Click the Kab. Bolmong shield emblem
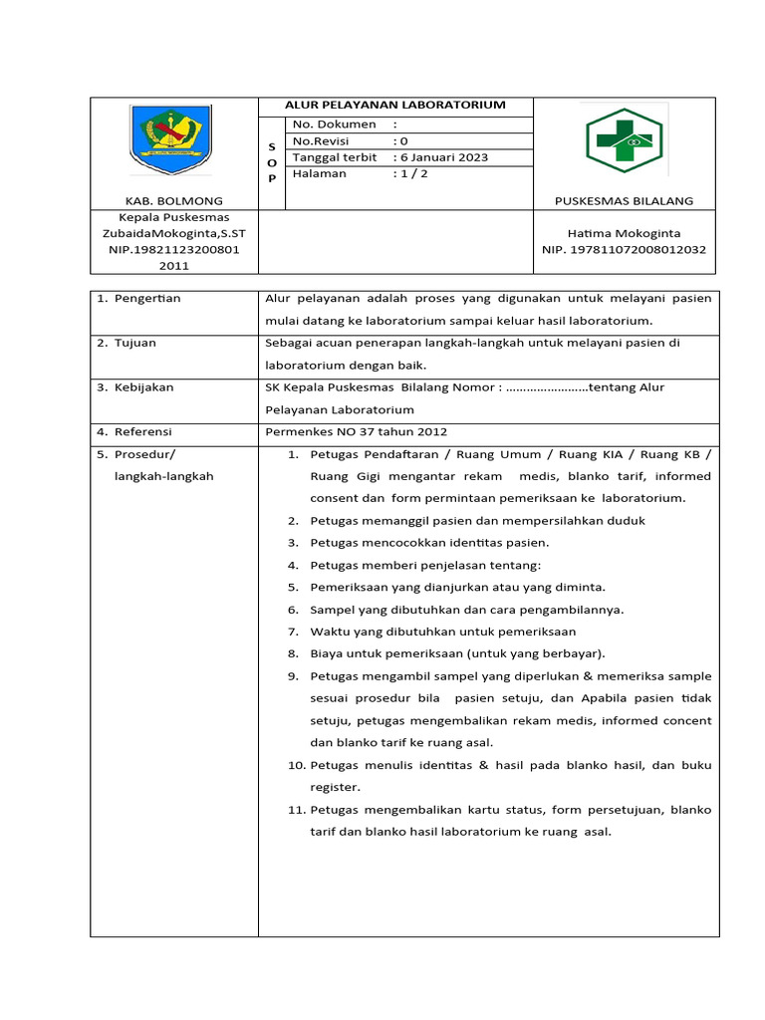point(173,140)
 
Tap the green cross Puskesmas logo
point(624,141)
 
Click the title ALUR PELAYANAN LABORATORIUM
point(395,105)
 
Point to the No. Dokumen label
point(334,125)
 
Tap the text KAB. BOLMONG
point(173,201)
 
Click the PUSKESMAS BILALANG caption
point(624,201)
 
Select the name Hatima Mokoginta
point(624,233)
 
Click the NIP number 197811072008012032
point(624,249)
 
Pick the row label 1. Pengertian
point(138,298)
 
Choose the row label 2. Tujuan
point(127,343)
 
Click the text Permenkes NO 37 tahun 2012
point(356,431)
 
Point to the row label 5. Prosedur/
point(135,454)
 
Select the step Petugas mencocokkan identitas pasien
point(429,543)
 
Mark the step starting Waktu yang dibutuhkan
point(442,632)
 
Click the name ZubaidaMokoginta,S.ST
point(173,233)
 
